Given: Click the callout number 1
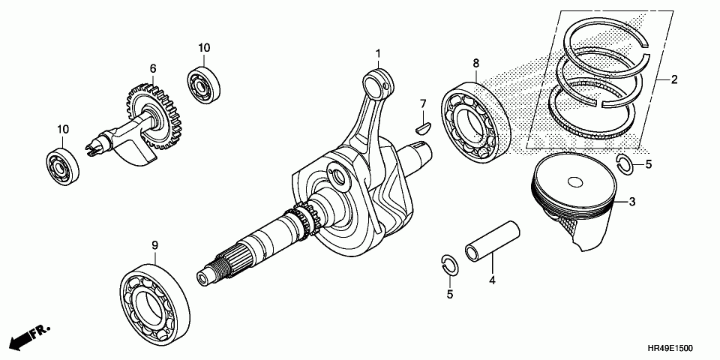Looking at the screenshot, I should (x=379, y=53).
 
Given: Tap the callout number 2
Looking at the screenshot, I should (x=674, y=79).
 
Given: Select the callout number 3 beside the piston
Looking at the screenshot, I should (x=631, y=202).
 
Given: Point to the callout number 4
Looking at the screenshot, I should (x=492, y=280).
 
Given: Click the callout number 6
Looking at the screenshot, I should (x=153, y=68).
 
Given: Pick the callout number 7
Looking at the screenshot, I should (x=422, y=103).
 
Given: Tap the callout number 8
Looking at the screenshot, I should (x=475, y=64).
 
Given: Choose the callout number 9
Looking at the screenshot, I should (x=155, y=244).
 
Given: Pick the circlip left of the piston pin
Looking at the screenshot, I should (x=448, y=263).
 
